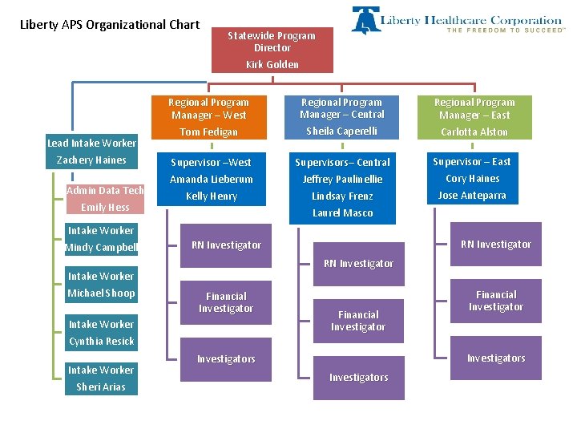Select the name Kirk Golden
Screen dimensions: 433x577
point(272,65)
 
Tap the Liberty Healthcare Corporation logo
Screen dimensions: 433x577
point(457,21)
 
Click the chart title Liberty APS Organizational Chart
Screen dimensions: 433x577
point(109,25)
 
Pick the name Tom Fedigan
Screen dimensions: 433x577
point(208,132)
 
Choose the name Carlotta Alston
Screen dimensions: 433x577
point(474,132)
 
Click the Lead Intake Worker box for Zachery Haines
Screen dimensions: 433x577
point(91,152)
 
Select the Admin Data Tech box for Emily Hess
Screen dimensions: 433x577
point(105,199)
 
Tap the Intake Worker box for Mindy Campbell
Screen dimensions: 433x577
point(101,239)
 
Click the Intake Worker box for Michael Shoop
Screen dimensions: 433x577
point(101,285)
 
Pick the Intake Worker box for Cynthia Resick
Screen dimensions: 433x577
point(101,333)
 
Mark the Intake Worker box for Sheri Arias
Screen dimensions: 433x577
point(101,378)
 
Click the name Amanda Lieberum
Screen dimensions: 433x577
point(212,180)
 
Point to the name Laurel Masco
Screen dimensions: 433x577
point(342,213)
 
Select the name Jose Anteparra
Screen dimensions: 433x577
point(473,196)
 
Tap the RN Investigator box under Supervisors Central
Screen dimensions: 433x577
point(358,263)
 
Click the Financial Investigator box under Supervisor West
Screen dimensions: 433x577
point(226,302)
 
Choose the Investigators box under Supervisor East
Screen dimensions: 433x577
point(496,358)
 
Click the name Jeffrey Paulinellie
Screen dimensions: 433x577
point(342,180)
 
